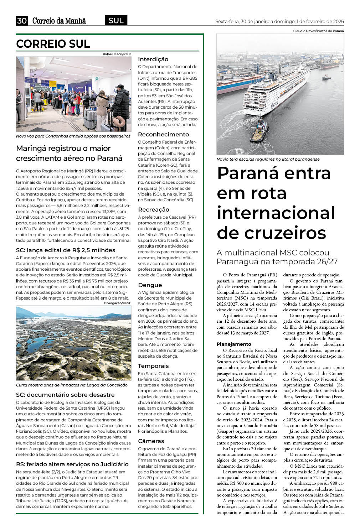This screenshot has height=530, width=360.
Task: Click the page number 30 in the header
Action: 22,21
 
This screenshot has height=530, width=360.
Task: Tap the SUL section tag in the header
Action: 116,21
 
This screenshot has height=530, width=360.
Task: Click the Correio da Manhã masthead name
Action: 59,21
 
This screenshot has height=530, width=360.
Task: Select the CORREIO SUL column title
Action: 53,44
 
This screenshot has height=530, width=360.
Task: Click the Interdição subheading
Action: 153,59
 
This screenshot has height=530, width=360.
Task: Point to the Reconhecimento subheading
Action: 163,135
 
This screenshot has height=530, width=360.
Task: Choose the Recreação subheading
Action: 154,210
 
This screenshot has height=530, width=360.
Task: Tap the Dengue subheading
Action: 150,285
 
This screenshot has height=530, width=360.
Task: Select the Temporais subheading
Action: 153,366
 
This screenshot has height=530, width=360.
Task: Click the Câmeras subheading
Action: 151,441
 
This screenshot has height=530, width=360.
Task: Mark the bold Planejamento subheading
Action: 234,344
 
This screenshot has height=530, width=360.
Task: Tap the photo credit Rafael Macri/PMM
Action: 117,54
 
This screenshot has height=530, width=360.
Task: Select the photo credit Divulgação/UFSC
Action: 117,303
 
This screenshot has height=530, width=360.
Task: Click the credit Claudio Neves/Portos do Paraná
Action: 318,31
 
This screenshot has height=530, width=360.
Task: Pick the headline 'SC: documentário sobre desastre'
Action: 65,395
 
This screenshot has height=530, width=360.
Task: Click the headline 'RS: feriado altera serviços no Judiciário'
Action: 72,464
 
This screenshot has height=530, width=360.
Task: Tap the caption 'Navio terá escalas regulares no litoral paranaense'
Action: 268,159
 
